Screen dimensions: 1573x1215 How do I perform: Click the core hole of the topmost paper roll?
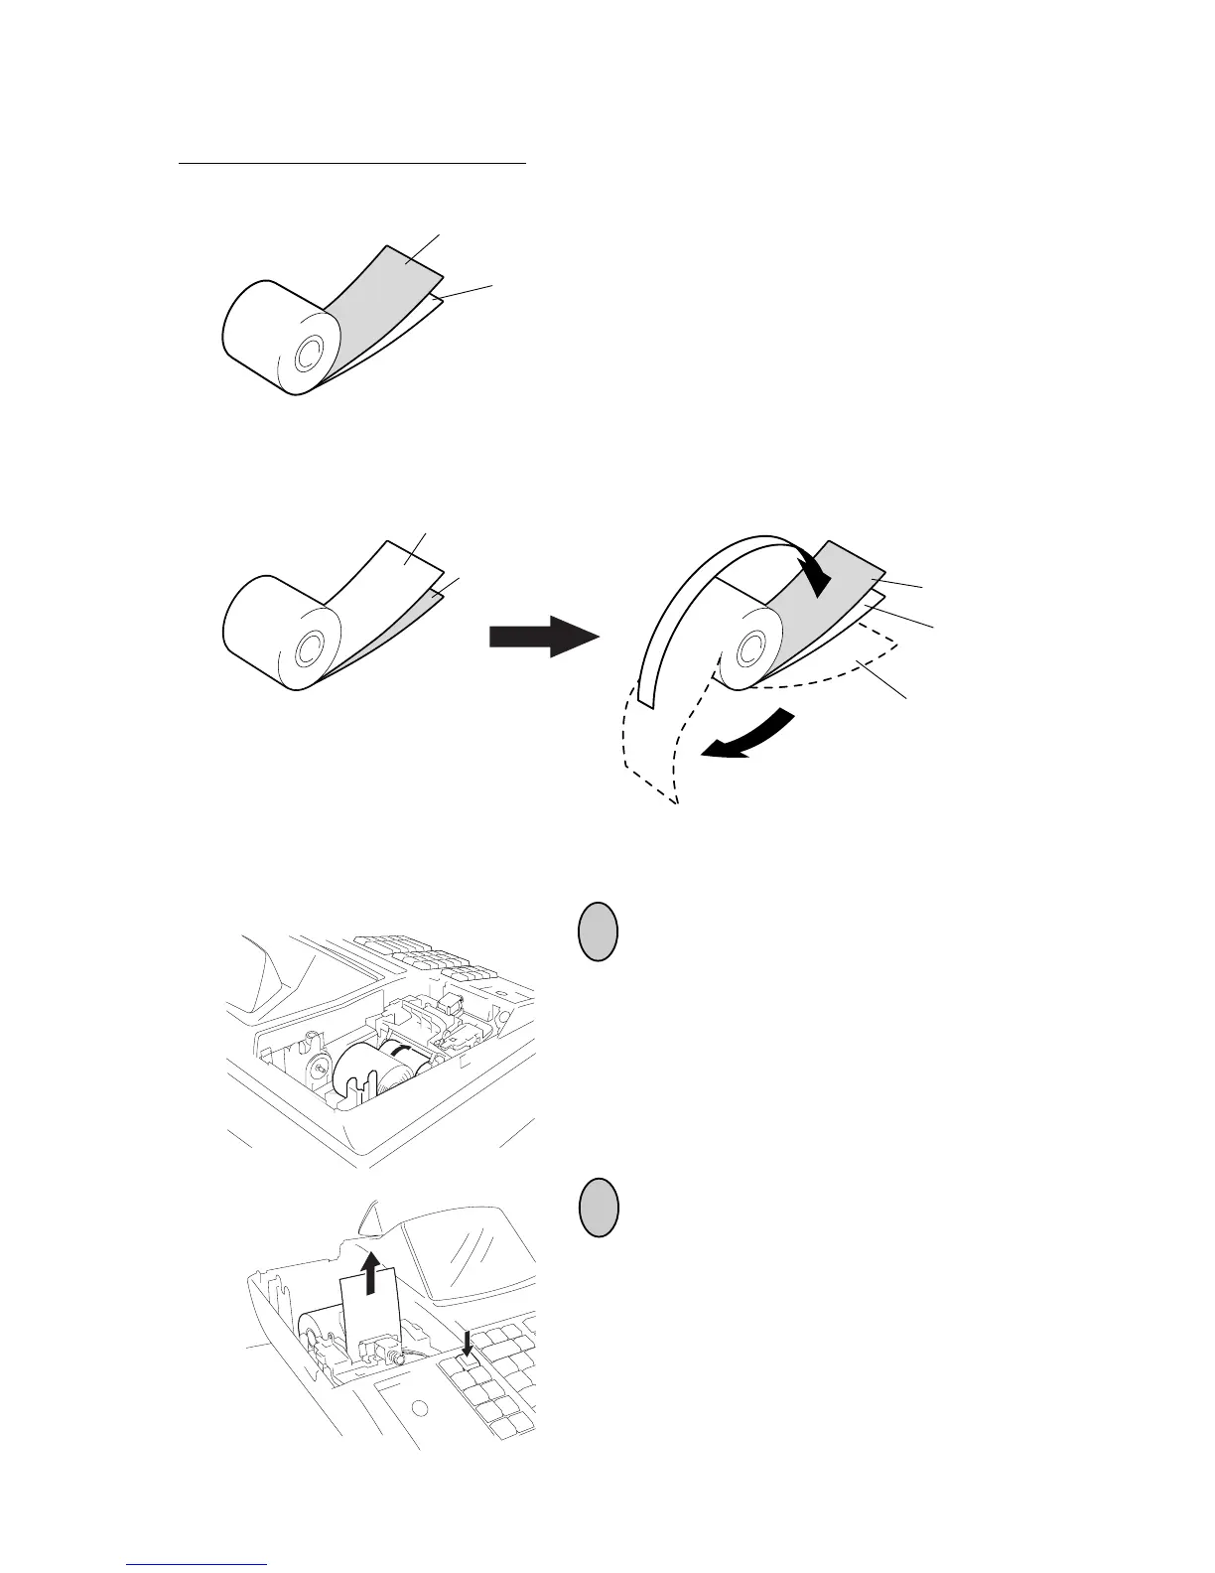click(x=307, y=352)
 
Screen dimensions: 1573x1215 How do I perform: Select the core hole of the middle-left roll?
click(x=308, y=650)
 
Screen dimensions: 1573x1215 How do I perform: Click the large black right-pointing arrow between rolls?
click(x=544, y=635)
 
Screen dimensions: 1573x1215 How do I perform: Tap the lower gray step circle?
click(x=597, y=1208)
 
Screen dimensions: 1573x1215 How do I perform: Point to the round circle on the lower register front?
click(x=419, y=1409)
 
